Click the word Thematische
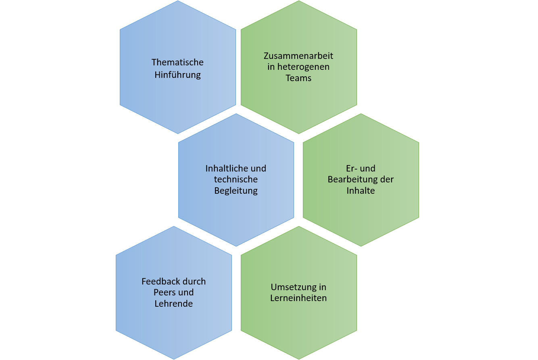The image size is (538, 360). click(177, 63)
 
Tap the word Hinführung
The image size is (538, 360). click(177, 75)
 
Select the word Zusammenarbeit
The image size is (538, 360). click(298, 56)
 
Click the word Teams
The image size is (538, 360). click(298, 78)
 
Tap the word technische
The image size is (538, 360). click(236, 179)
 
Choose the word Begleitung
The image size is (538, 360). click(236, 190)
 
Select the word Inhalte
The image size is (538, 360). click(361, 190)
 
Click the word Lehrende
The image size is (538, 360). click(173, 303)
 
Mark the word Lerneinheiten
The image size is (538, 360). click(298, 298)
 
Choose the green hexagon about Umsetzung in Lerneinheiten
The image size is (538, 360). click(298, 323)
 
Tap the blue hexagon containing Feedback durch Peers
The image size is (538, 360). click(173, 327)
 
